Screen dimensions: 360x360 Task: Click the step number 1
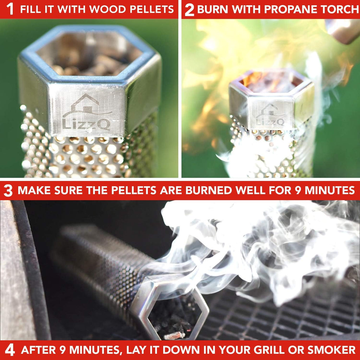[10, 9]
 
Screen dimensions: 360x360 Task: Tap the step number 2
[189, 10]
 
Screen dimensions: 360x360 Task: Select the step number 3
[8, 191]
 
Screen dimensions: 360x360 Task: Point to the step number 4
[9, 351]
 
